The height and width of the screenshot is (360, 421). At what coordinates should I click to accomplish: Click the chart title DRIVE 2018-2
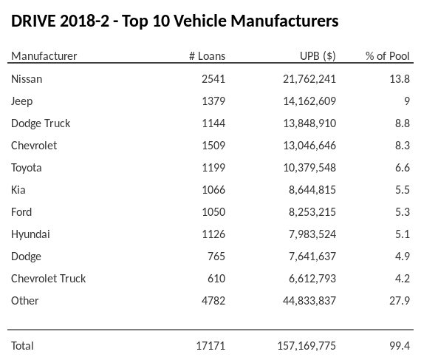pyautogui.click(x=174, y=21)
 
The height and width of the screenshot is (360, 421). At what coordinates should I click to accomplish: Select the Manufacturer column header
pyautogui.click(x=44, y=56)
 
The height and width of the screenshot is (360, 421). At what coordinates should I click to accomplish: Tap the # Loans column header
pyautogui.click(x=207, y=56)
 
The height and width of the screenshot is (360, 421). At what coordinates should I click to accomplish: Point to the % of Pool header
pyautogui.click(x=388, y=56)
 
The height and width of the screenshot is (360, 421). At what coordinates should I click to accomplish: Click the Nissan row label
pyautogui.click(x=27, y=78)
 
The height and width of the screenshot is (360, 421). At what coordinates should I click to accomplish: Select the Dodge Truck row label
pyautogui.click(x=41, y=123)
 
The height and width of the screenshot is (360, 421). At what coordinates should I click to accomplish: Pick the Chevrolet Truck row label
pyautogui.click(x=48, y=278)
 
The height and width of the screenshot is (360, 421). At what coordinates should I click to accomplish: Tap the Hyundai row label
pyautogui.click(x=31, y=234)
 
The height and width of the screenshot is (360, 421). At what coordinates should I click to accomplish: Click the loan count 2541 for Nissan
pyautogui.click(x=213, y=78)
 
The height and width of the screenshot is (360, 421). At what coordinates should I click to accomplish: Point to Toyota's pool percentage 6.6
pyautogui.click(x=402, y=167)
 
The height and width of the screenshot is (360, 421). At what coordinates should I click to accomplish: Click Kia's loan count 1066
pyautogui.click(x=213, y=189)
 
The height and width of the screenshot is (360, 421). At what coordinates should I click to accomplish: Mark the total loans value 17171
pyautogui.click(x=210, y=345)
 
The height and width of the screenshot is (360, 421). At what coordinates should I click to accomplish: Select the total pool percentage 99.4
pyautogui.click(x=399, y=345)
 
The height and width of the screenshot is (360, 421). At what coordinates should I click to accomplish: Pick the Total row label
pyautogui.click(x=22, y=345)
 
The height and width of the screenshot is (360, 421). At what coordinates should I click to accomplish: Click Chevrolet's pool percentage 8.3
pyautogui.click(x=402, y=145)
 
